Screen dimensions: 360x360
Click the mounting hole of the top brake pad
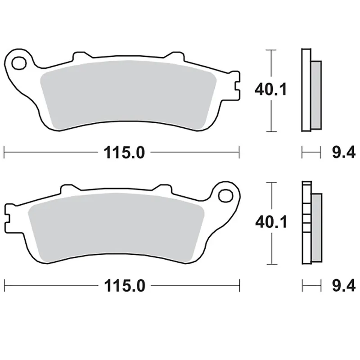point(19,63)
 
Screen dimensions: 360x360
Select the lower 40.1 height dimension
point(270,223)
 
